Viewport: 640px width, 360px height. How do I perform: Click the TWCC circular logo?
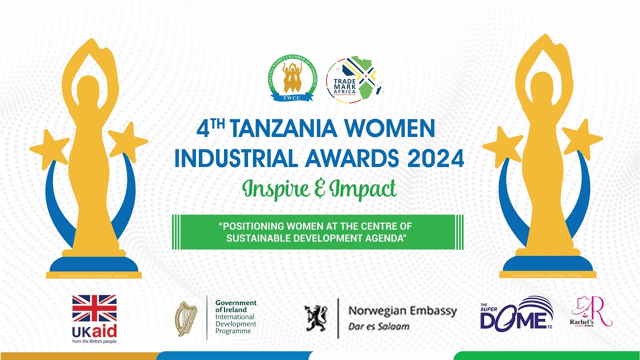pyautogui.click(x=292, y=78)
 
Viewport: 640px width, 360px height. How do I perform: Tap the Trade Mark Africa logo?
pyautogui.click(x=354, y=79)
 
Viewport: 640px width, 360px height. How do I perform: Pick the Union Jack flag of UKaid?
pyautogui.click(x=94, y=308)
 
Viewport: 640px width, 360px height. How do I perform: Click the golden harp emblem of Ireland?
pyautogui.click(x=186, y=318)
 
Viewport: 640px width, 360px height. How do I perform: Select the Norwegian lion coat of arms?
pyautogui.click(x=316, y=318)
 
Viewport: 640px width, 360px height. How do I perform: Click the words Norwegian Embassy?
pyautogui.click(x=402, y=311)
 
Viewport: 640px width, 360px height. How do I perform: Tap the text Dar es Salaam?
pyautogui.click(x=379, y=326)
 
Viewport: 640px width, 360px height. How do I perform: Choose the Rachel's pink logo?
pyautogui.click(x=592, y=312)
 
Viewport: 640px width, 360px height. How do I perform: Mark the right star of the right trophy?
pyautogui.click(x=581, y=137)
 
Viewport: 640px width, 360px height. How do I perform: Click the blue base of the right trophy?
pyautogui.click(x=547, y=264)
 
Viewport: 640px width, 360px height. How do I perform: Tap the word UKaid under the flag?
pyautogui.click(x=94, y=331)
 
